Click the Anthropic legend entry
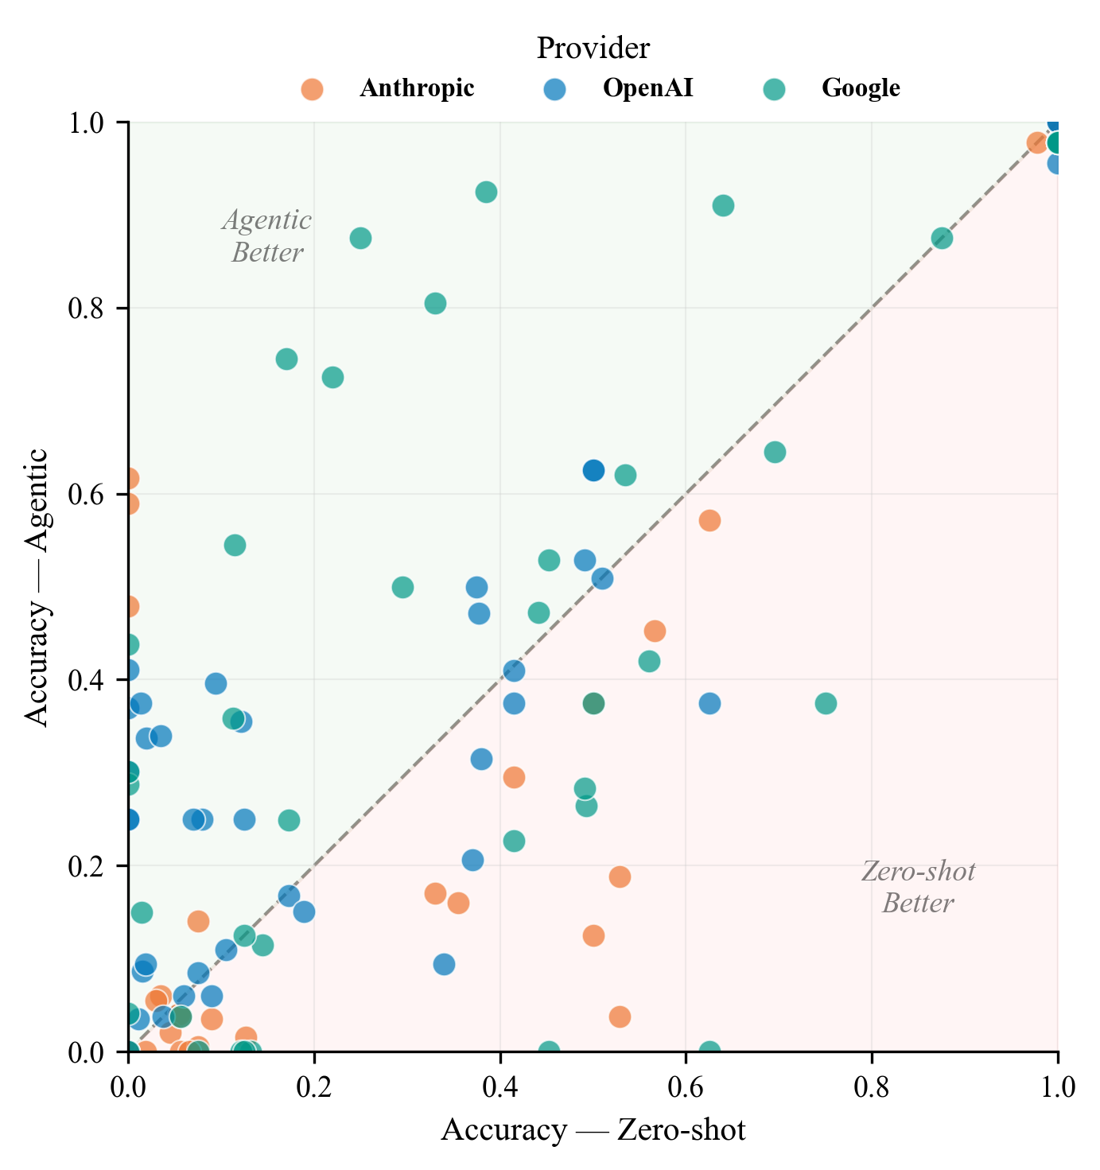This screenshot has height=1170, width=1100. click(x=417, y=88)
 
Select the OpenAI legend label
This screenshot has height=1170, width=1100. click(x=647, y=88)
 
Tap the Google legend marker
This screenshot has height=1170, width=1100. click(x=774, y=88)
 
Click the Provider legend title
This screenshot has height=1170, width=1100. click(x=593, y=49)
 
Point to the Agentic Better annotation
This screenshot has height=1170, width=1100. click(x=267, y=236)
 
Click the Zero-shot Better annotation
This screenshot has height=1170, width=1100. click(x=918, y=888)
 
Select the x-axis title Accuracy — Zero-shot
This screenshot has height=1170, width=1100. click(x=593, y=1130)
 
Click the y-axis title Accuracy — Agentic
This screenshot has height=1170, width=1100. click(x=37, y=587)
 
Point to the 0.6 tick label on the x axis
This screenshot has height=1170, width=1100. click(x=686, y=1086)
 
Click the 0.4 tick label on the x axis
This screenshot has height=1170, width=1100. click(x=500, y=1086)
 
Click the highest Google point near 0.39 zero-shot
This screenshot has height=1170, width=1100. click(x=486, y=192)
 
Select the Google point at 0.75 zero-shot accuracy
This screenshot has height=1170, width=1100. click(x=826, y=703)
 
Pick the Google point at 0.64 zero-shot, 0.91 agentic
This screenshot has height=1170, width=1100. click(x=723, y=205)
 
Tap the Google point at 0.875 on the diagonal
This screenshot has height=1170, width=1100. click(x=942, y=238)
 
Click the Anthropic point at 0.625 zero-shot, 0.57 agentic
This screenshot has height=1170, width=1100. click(x=709, y=520)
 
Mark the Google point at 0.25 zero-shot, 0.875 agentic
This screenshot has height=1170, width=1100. click(x=360, y=238)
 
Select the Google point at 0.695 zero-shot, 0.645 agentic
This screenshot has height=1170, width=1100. click(x=775, y=452)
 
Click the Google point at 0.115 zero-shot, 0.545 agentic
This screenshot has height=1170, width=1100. click(x=235, y=545)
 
